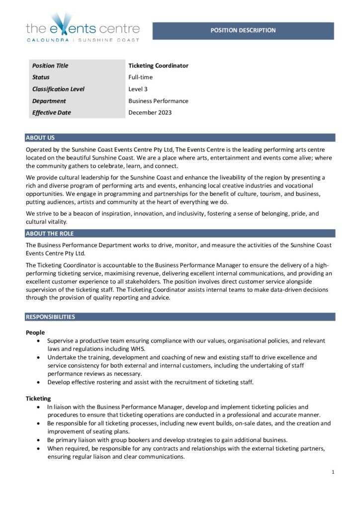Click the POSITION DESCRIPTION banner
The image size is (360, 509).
(x=243, y=30)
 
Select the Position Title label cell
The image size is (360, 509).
(x=50, y=66)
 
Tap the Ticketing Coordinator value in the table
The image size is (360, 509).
(x=158, y=66)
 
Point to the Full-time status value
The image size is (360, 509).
(x=140, y=78)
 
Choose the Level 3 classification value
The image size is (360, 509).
(x=138, y=89)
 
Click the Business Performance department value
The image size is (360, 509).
(x=158, y=101)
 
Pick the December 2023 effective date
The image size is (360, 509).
(x=150, y=113)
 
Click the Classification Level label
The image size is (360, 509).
(x=58, y=89)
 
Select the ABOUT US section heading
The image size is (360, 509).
(x=40, y=138)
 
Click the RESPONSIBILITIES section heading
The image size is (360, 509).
(x=50, y=317)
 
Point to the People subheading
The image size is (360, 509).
(x=35, y=332)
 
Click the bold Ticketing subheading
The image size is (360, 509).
(x=38, y=398)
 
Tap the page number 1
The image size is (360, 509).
(x=333, y=472)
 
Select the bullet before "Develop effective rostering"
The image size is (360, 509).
(x=39, y=382)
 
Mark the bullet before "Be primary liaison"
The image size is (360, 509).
(x=39, y=440)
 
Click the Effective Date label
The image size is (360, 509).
(x=52, y=113)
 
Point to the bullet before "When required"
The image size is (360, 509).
(x=39, y=448)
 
